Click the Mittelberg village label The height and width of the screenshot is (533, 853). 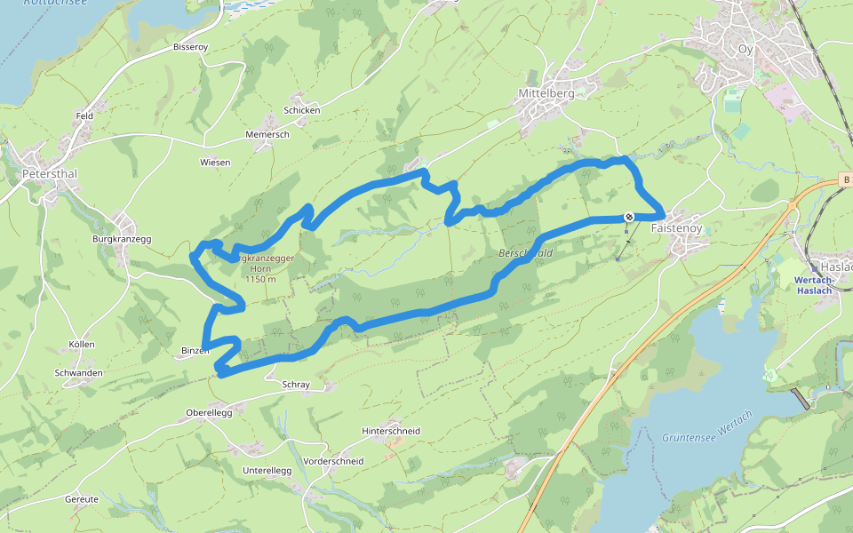coord(546,92)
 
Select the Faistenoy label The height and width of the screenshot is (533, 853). coord(677,228)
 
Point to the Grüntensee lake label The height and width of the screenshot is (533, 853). coord(689,437)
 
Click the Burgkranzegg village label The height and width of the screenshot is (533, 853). coord(122,239)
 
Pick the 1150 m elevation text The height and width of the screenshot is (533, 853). coord(259,279)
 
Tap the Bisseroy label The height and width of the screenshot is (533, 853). coord(190,46)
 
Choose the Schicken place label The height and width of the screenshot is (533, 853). coord(301,110)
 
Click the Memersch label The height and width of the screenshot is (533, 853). coord(267,134)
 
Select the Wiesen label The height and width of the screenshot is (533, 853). coord(215,163)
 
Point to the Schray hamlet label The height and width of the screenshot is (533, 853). coord(295,385)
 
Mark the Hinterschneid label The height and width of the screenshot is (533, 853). coord(391,431)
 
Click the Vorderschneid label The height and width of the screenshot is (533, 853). coord(333,461)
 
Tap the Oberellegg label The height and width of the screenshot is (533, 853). coord(209,412)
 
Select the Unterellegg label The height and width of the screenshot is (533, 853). coord(267,470)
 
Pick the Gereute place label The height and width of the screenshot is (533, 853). coord(82,499)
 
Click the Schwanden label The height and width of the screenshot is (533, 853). coord(78,373)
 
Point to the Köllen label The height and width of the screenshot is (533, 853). coord(81,345)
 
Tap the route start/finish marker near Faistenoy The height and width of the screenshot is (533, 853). coord(629,216)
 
